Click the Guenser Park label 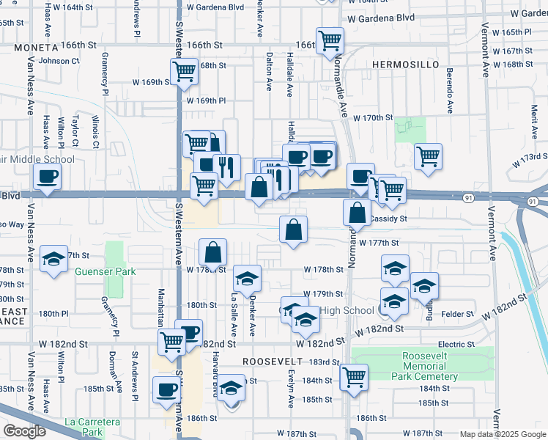point(105,271)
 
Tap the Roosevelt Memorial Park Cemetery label point(429,366)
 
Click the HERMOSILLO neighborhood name point(405,65)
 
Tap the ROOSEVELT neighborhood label point(273,362)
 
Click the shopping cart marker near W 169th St point(183,73)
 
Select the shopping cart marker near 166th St point(330,40)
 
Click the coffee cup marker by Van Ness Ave point(46,177)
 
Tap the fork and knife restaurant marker point(227,168)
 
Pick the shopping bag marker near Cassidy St point(357,214)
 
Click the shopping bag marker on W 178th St point(212,253)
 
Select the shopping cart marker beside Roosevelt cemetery point(354,378)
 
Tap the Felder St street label point(458,314)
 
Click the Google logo point(24,430)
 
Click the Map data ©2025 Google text point(501,434)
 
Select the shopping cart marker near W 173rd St point(428,156)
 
